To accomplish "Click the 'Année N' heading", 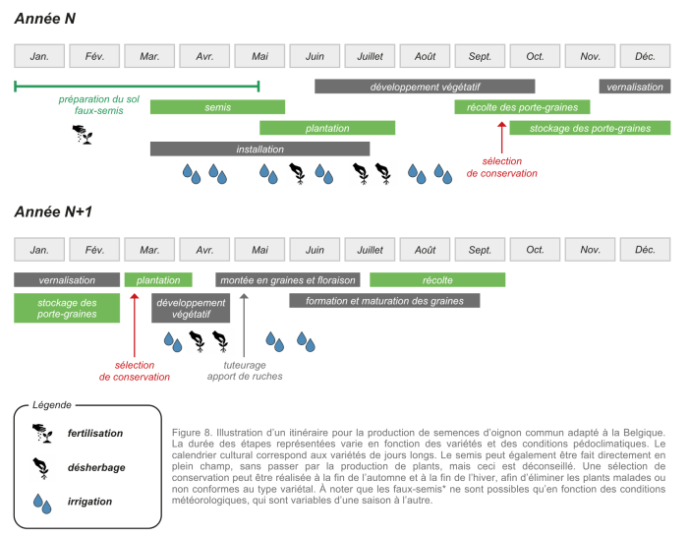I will (45, 19).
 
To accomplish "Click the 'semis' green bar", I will (217, 107).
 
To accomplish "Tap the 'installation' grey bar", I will (259, 149).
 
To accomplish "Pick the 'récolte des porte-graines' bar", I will (522, 107).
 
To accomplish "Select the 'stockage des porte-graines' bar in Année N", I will (590, 128).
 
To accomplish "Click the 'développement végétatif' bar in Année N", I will (425, 87).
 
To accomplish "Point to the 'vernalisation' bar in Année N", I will (635, 87).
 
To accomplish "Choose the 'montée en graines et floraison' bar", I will (287, 280).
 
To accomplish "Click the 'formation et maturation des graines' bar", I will (384, 301).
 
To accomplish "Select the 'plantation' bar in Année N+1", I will (158, 280).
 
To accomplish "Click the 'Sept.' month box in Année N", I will (480, 56).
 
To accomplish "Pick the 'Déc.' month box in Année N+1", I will (645, 250).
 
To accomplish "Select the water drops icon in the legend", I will (42, 503).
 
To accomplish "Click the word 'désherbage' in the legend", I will (96, 467).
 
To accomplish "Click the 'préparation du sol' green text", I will (98, 99).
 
